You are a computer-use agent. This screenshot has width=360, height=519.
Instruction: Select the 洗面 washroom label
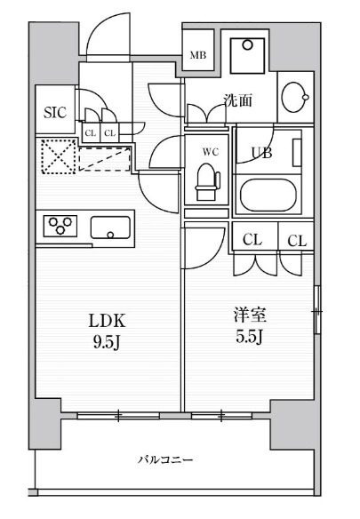tap(237, 100)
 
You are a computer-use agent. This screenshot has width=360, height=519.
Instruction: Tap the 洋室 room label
tap(252, 315)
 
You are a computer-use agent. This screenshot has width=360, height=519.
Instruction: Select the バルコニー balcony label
tap(165, 459)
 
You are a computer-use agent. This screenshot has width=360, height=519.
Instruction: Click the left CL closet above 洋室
tap(252, 240)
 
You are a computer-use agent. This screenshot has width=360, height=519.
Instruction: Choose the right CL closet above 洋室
tap(297, 240)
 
